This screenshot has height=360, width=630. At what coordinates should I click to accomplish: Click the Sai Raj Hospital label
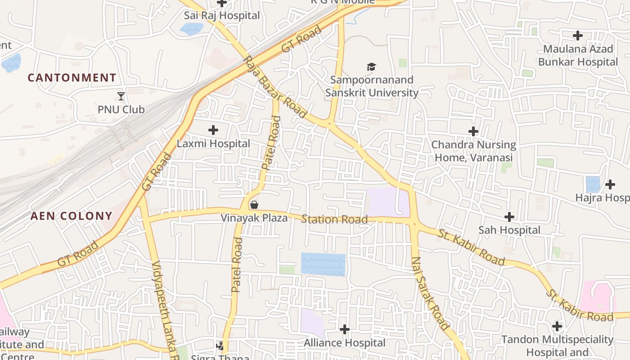(x=222, y=15)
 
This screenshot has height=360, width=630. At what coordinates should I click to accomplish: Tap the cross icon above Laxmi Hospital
(x=213, y=130)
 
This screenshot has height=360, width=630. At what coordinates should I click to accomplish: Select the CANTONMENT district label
(x=72, y=78)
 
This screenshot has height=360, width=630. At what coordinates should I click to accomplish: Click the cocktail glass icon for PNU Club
(x=121, y=96)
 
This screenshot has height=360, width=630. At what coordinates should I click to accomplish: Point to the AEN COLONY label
(x=71, y=216)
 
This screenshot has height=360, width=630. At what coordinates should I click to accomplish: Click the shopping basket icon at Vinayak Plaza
(x=254, y=205)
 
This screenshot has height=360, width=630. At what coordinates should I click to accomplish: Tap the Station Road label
(x=334, y=220)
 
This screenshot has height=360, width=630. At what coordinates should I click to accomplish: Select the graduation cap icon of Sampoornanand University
(x=371, y=67)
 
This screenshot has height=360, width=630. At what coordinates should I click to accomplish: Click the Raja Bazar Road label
(x=275, y=87)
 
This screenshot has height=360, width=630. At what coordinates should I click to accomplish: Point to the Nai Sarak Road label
(x=430, y=293)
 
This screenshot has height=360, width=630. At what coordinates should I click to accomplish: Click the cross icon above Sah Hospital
(x=509, y=217)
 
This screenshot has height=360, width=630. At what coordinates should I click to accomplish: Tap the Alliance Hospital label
(x=345, y=343)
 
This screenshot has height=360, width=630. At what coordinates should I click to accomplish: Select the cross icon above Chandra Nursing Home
(x=473, y=131)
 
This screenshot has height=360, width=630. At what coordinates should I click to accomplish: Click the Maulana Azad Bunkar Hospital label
(x=578, y=55)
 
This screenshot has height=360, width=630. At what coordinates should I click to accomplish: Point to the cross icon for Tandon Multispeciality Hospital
(x=557, y=326)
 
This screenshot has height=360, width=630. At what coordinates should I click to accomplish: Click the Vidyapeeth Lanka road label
(x=163, y=310)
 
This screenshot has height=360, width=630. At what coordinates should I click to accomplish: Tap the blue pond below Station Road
(x=323, y=264)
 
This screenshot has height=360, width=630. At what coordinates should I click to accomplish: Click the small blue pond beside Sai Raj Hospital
(x=191, y=29)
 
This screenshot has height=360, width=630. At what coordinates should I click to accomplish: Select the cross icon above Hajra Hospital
(x=610, y=184)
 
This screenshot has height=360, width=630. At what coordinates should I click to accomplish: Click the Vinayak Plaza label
(x=254, y=218)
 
